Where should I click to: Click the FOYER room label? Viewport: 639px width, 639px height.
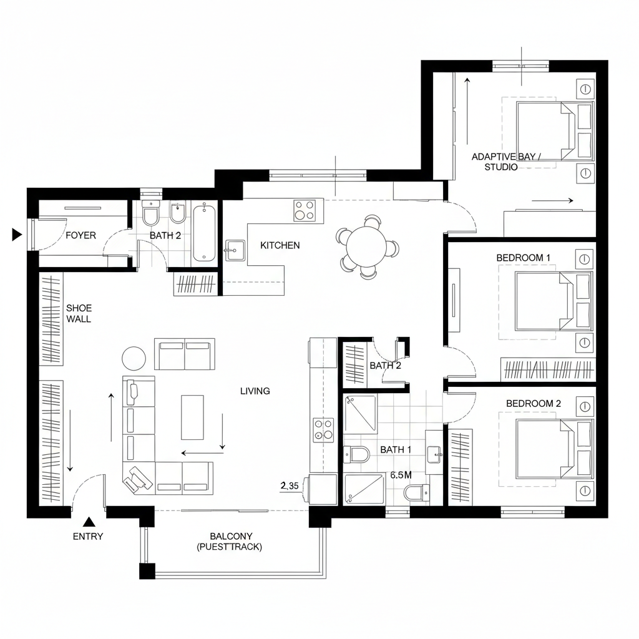(81, 235)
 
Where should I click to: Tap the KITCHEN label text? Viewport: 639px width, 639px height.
(280, 245)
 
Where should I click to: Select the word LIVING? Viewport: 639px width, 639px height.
(255, 391)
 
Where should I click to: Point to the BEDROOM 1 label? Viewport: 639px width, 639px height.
(524, 257)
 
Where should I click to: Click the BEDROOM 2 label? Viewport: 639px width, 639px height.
(534, 404)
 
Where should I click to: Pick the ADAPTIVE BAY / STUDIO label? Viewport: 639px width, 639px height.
(507, 162)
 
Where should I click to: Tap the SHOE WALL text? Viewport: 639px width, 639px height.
(79, 313)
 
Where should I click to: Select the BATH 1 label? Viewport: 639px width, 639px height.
(396, 449)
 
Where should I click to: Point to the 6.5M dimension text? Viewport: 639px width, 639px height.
(401, 475)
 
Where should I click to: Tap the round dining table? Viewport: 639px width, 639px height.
(368, 246)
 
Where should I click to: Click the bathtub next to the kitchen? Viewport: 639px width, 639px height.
(205, 234)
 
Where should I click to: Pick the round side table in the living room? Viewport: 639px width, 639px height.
(134, 358)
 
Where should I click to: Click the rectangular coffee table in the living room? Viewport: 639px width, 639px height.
(192, 417)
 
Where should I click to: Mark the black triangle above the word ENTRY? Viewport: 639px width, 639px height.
(89, 522)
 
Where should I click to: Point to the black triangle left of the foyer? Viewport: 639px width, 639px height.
(17, 235)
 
